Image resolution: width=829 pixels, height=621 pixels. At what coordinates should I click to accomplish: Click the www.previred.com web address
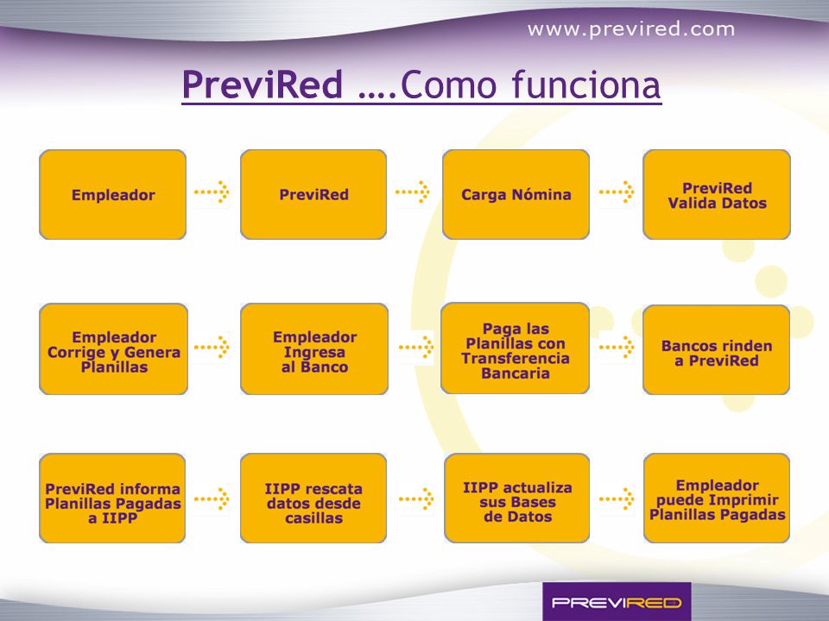pyautogui.click(x=630, y=29)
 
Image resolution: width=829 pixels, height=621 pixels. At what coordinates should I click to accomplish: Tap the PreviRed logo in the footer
pyautogui.click(x=617, y=602)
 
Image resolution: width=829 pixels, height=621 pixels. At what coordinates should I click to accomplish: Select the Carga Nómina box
pyautogui.click(x=516, y=194)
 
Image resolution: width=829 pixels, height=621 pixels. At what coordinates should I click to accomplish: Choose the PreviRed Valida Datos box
pyautogui.click(x=717, y=194)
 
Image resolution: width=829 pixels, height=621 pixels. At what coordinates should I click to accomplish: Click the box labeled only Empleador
pyautogui.click(x=112, y=194)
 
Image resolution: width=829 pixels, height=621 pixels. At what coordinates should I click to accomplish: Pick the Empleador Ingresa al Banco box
pyautogui.click(x=314, y=349)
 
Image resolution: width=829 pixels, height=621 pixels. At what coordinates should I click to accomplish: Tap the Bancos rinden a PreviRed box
pyautogui.click(x=717, y=349)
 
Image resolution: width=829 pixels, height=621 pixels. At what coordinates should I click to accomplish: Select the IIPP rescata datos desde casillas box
pyautogui.click(x=313, y=498)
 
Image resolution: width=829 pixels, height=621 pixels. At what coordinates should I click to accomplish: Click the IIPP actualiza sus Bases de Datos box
pyautogui.click(x=517, y=498)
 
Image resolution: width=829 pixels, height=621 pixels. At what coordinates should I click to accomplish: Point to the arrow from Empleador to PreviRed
pyautogui.click(x=212, y=191)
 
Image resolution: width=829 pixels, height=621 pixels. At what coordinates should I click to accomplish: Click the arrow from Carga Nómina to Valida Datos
pyautogui.click(x=617, y=191)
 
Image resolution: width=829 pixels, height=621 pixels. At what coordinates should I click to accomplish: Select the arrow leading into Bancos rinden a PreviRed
pyautogui.click(x=617, y=347)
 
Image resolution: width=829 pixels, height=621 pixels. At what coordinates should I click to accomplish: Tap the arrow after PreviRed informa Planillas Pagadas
pyautogui.click(x=212, y=499)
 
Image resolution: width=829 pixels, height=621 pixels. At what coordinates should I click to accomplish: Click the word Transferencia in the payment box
pyautogui.click(x=516, y=359)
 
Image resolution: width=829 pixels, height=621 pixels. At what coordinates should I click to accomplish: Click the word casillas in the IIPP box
pyautogui.click(x=313, y=518)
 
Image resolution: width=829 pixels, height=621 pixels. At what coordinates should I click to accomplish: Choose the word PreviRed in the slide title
pyautogui.click(x=263, y=85)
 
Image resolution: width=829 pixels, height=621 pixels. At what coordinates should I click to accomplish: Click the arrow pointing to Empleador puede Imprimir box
pyautogui.click(x=617, y=499)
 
